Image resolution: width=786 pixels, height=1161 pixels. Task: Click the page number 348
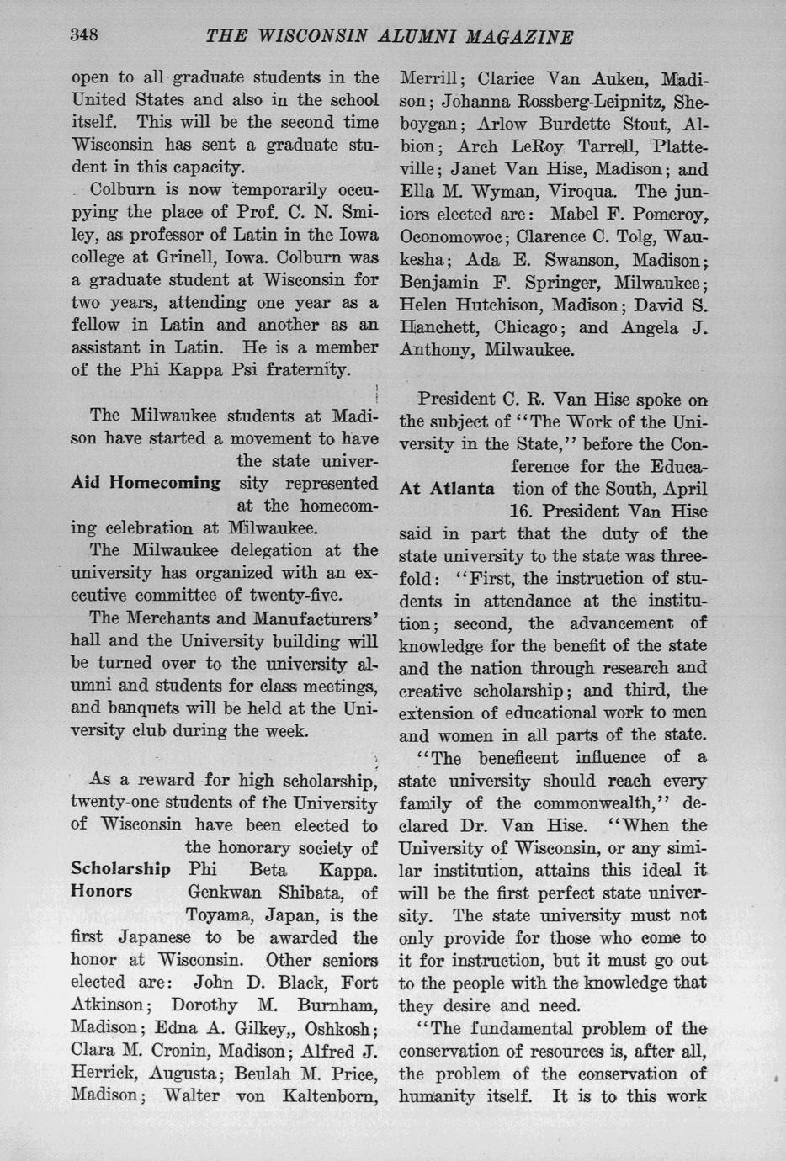click(85, 34)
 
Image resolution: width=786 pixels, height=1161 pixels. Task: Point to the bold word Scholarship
click(120, 869)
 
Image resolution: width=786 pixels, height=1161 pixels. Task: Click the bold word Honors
click(102, 892)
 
